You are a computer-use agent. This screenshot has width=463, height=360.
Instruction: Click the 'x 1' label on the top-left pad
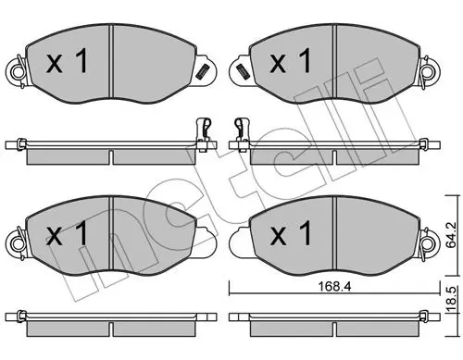click(x=67, y=63)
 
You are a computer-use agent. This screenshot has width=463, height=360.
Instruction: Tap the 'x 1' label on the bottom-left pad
click(x=67, y=235)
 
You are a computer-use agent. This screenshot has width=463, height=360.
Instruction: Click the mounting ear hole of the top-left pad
click(x=15, y=70)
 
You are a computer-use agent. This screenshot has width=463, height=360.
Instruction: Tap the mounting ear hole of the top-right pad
click(x=431, y=70)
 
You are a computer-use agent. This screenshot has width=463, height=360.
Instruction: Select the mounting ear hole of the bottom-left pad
click(x=15, y=242)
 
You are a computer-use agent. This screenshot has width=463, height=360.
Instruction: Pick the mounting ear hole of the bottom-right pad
click(x=431, y=242)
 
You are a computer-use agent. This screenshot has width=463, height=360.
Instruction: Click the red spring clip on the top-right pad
click(x=240, y=69)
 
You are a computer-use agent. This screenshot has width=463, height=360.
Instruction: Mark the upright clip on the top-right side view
click(x=242, y=130)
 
